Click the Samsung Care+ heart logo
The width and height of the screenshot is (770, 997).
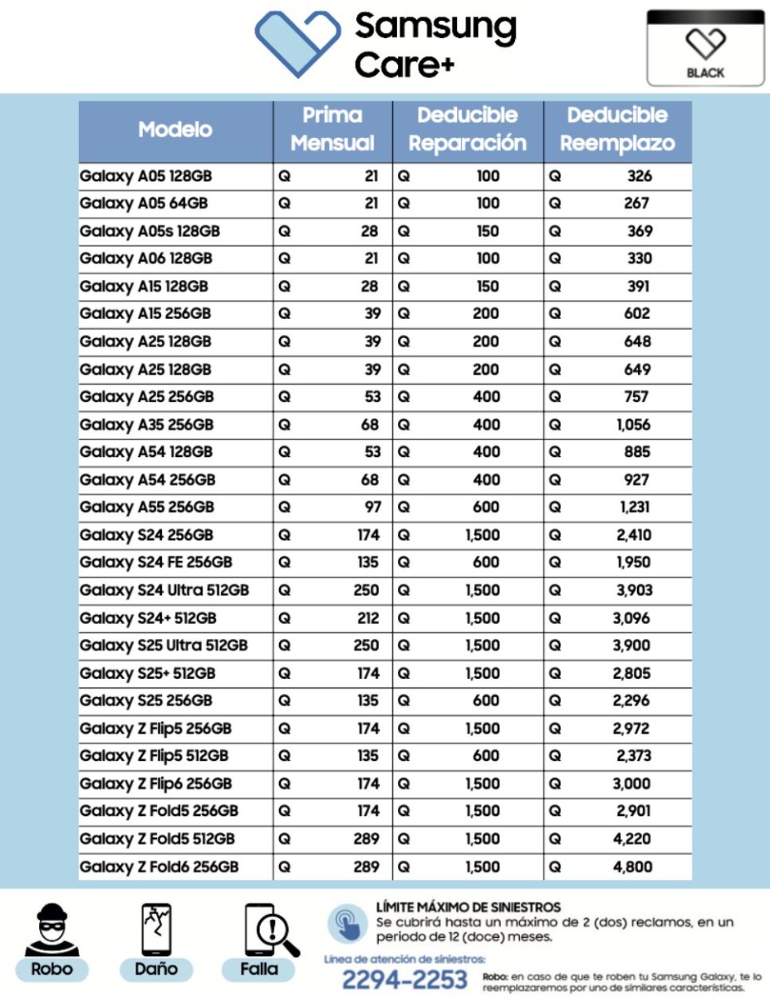tap(297, 43)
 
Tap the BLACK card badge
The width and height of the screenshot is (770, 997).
tap(705, 48)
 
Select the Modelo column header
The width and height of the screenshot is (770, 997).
tap(175, 130)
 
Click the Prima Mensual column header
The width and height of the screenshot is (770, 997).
tap(332, 130)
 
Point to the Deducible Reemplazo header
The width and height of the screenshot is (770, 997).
tap(617, 130)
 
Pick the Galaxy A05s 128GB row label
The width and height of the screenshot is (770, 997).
tap(150, 231)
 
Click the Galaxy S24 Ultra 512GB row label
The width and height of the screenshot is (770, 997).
tap(164, 591)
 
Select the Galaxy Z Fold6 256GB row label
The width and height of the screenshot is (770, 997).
tap(159, 867)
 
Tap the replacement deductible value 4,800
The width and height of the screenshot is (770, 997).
tap(632, 867)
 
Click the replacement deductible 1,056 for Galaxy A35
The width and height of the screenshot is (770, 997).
tap(633, 425)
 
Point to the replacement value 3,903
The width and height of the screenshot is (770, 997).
tap(633, 591)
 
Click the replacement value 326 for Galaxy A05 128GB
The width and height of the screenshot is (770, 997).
tap(639, 176)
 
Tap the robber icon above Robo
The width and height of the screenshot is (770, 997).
tap(51, 929)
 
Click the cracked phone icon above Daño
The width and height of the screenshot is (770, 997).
tap(156, 929)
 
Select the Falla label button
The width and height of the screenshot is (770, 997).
tap(259, 969)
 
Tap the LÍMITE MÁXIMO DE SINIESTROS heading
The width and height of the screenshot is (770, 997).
tap(468, 907)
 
